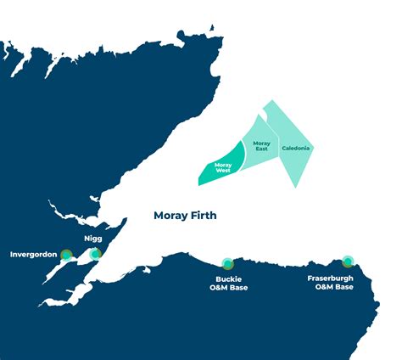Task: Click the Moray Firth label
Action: coord(185,216)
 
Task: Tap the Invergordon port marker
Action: coord(66,253)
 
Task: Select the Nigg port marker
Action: coord(95,253)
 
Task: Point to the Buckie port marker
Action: coord(226,263)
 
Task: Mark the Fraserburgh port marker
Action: coord(347,262)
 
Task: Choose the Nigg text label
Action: coord(93,239)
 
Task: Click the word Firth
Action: coord(203,216)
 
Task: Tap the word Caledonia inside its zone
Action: coord(296,149)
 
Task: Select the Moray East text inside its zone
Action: coord(262,147)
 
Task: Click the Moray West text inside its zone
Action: coord(223,167)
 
